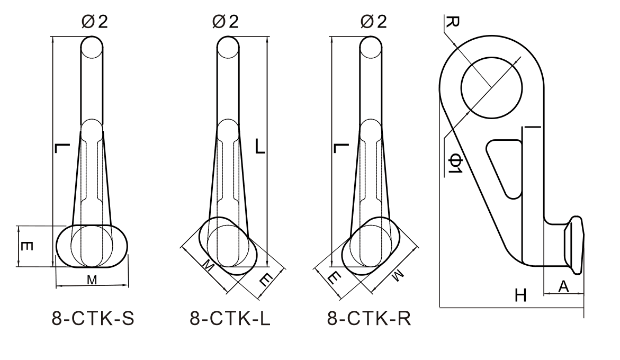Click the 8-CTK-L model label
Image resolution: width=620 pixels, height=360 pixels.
click(x=230, y=319)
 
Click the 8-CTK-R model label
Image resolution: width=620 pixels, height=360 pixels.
click(x=369, y=319)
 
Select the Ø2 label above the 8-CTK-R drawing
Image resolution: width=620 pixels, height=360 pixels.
click(x=373, y=22)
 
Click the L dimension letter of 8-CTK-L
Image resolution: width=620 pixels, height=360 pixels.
click(x=260, y=147)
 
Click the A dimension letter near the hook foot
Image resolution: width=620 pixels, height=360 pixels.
click(x=564, y=286)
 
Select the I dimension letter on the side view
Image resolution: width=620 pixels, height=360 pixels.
click(x=532, y=127)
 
